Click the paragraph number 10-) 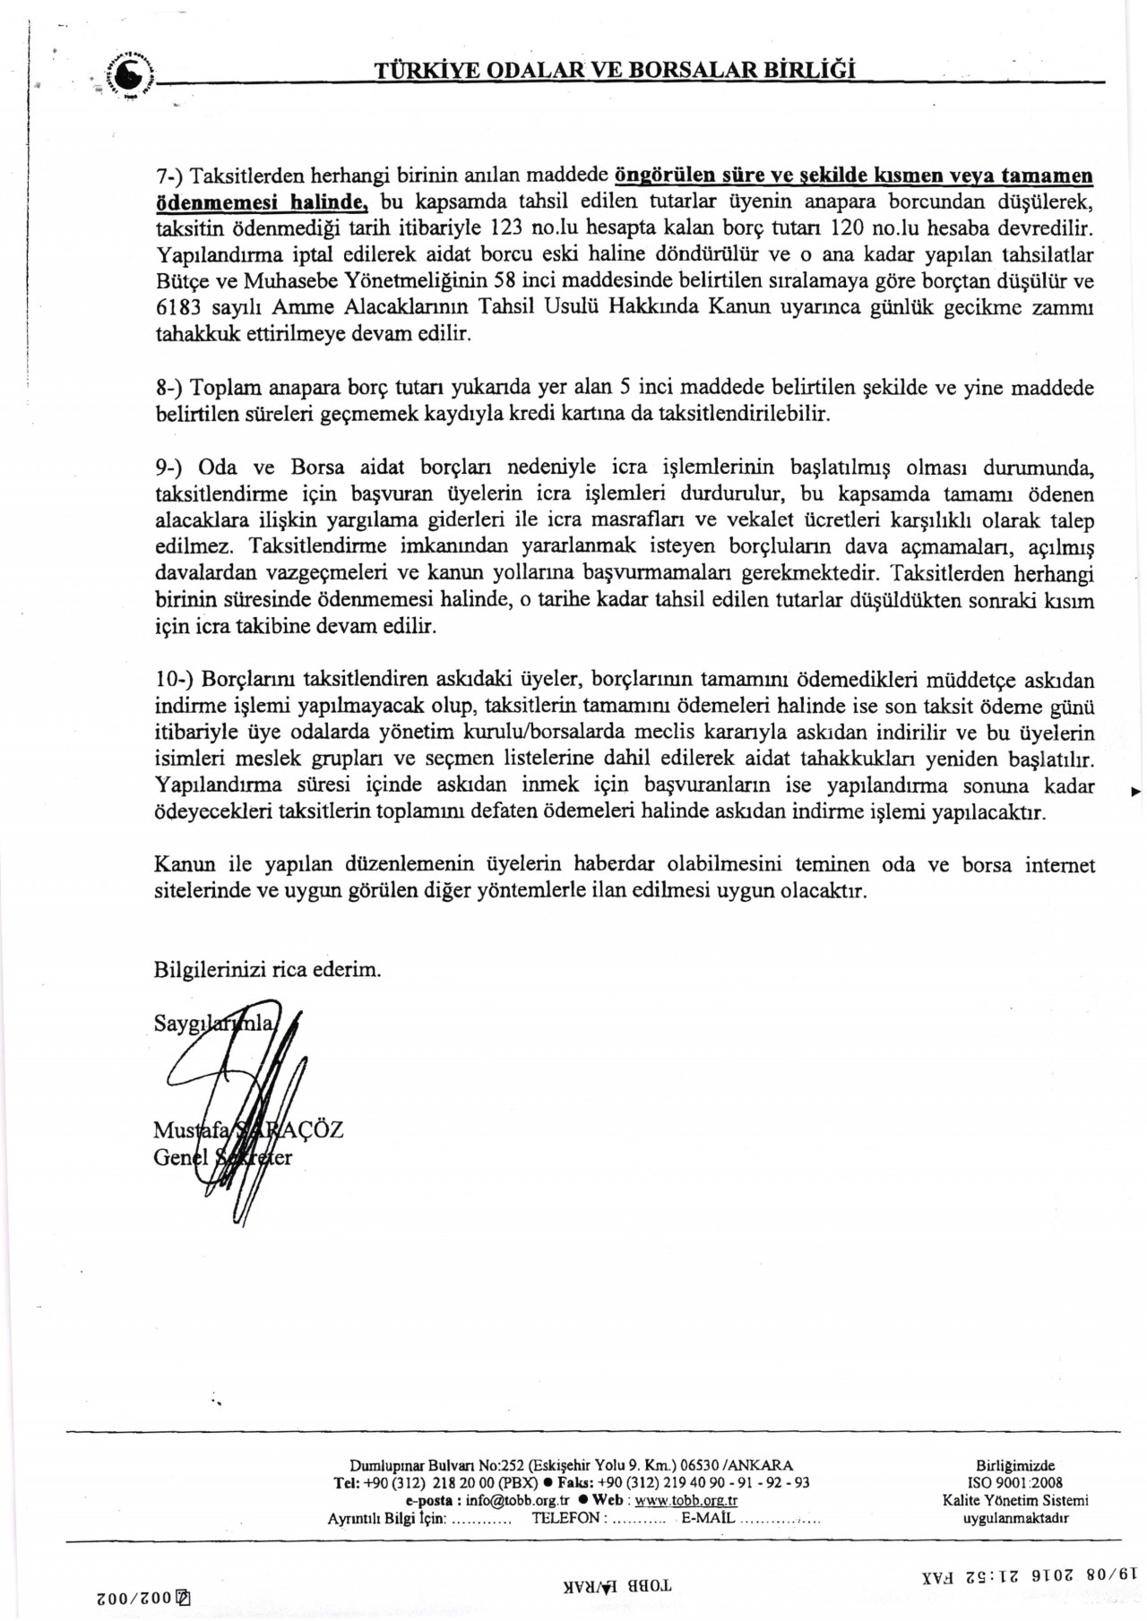174,681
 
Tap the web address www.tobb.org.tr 686,1499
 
